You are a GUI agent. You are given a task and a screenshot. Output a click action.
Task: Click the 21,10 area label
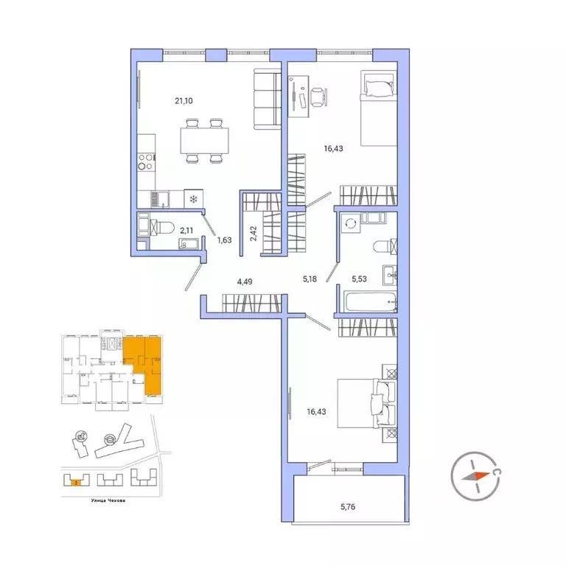[x=162, y=101]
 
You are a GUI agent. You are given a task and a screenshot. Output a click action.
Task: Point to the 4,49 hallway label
[x=245, y=281]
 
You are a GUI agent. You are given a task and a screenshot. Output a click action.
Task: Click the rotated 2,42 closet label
[x=252, y=234]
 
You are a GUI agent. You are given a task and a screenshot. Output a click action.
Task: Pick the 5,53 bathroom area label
[x=361, y=280]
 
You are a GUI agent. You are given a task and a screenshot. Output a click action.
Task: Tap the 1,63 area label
[x=224, y=240]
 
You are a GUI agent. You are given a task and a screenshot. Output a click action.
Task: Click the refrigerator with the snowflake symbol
[x=194, y=199]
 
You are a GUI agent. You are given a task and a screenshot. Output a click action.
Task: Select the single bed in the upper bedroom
[x=377, y=108]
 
